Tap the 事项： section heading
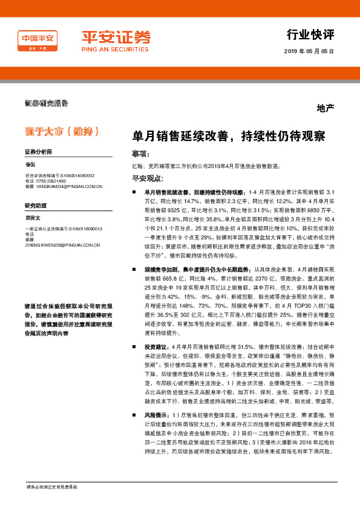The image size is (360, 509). (140, 154)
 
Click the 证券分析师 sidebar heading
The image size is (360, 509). (38, 152)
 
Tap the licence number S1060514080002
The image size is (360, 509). (77, 175)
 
